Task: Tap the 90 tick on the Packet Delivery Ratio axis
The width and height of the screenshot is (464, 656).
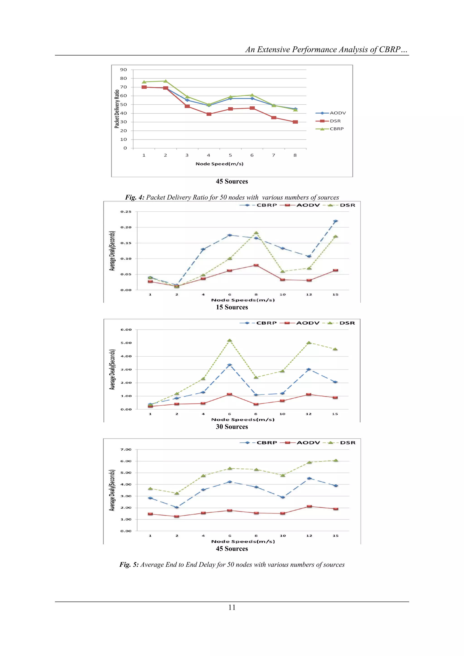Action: [123, 70]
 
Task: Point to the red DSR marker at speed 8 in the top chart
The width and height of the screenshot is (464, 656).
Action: [295, 122]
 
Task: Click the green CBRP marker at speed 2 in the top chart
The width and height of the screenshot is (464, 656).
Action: [165, 81]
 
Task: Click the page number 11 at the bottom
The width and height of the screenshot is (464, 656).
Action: [232, 608]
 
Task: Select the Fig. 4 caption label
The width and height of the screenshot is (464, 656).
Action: [135, 197]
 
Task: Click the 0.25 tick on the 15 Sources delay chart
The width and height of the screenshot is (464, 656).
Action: [126, 212]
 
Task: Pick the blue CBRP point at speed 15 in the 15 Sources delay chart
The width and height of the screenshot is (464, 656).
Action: [336, 221]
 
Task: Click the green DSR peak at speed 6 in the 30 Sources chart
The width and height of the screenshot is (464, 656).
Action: [230, 340]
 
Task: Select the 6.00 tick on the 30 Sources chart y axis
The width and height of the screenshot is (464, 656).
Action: [126, 330]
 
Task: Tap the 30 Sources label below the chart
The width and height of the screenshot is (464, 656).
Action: [232, 427]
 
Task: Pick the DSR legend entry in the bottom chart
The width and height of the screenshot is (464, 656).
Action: [347, 443]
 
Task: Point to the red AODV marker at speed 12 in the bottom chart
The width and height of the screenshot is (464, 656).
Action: [309, 506]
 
